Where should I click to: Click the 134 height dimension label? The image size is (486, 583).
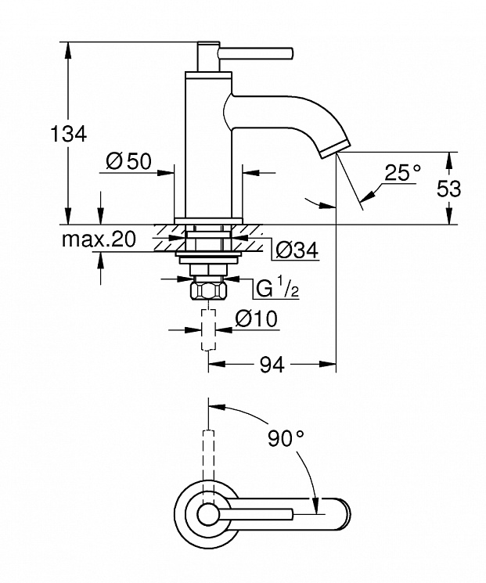click(68, 134)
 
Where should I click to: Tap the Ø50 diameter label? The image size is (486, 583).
click(128, 161)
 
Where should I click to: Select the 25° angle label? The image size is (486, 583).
click(403, 172)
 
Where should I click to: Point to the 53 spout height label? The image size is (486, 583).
click(448, 188)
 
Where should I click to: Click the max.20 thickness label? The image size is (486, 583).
click(99, 239)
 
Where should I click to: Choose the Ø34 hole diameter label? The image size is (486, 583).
click(297, 250)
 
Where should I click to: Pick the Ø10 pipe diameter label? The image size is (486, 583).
click(256, 318)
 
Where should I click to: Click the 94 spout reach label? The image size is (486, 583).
click(272, 365)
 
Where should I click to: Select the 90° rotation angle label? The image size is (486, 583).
click(286, 439)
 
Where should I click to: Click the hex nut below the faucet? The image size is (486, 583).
click(208, 290)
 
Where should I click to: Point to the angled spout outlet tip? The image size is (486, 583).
click(336, 149)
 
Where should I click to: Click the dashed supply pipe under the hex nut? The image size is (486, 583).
click(208, 329)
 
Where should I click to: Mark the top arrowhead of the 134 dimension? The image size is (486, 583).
click(67, 50)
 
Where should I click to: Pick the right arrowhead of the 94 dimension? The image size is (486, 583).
click(328, 364)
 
